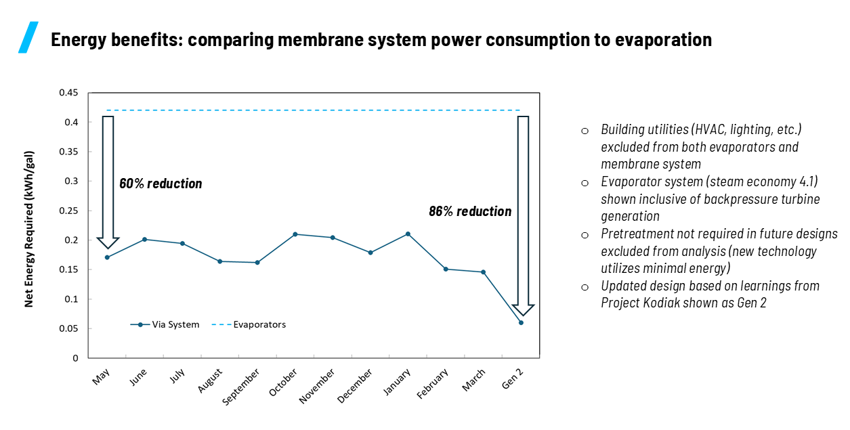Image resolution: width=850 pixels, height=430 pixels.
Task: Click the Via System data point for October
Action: [x=295, y=234]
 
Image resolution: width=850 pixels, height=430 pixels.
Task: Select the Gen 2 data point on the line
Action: [x=521, y=322]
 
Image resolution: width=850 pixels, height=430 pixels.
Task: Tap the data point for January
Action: [x=408, y=234]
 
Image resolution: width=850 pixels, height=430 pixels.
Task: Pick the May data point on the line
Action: [x=107, y=257]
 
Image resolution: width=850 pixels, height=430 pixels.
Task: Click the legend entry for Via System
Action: [x=165, y=324]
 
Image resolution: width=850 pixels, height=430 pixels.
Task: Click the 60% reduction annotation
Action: [x=161, y=184]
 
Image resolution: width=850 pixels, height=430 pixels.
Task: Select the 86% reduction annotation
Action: [x=470, y=211]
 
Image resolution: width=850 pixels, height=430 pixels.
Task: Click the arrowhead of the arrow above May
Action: [x=108, y=242]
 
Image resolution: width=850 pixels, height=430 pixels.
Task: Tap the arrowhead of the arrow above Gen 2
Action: [x=523, y=309]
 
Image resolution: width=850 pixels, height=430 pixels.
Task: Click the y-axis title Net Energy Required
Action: [x=29, y=229]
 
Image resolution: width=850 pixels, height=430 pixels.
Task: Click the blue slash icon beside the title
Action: [x=28, y=37]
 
